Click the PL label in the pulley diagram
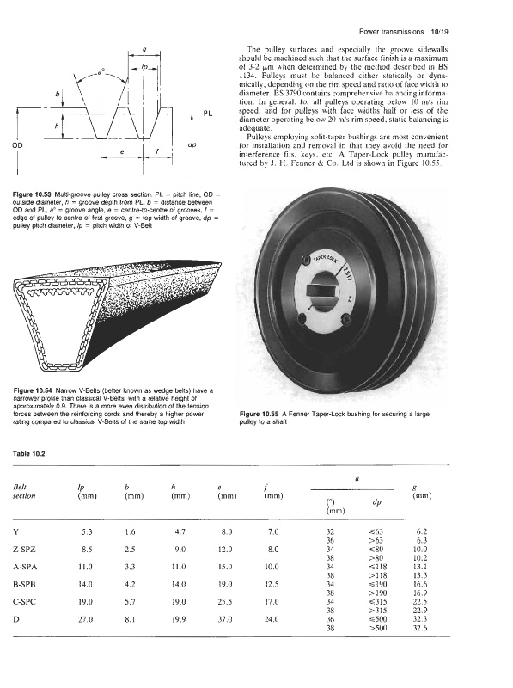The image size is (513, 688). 207,114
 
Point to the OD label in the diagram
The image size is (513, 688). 17,145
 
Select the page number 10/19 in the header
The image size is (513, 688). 439,32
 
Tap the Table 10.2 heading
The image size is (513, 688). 29,454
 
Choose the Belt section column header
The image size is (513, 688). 24,491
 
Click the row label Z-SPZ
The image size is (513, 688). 25,550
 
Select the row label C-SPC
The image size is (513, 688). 25,602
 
